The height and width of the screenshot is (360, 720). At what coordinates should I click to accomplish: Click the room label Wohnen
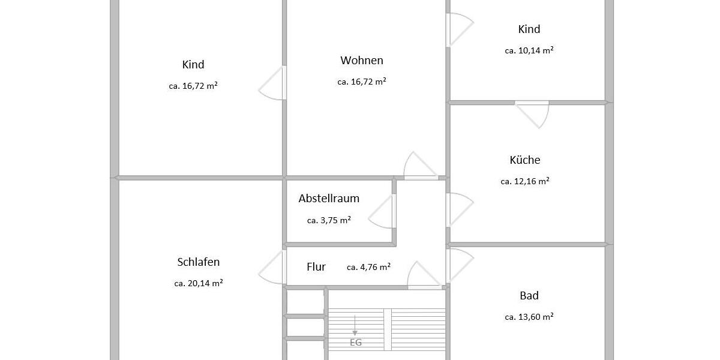point(361,61)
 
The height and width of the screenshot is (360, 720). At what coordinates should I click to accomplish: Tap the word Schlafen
point(199,262)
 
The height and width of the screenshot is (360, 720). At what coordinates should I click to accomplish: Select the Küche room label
point(525,160)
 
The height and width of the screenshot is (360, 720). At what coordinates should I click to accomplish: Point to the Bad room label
point(529,296)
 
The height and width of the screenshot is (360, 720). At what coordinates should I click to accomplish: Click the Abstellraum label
point(329,199)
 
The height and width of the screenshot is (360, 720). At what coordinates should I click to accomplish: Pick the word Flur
point(316,267)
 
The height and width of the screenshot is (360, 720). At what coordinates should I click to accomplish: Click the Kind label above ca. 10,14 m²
point(529,29)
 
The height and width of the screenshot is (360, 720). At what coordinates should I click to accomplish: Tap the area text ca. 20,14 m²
point(199,283)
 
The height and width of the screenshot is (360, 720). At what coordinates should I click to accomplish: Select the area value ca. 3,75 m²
point(329,220)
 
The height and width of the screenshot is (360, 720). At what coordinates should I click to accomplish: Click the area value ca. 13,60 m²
point(529,317)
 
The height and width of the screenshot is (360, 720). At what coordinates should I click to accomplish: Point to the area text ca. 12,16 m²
point(525,181)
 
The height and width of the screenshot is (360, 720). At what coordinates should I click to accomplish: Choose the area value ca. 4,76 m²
point(369,267)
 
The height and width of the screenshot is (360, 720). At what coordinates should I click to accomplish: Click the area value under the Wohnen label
point(361,82)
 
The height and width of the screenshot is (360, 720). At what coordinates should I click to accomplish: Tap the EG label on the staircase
point(356,343)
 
